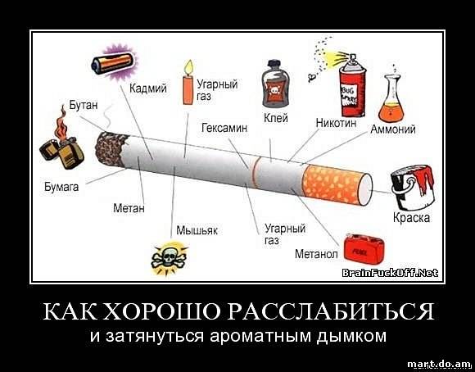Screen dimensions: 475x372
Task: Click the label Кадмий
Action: (148, 88)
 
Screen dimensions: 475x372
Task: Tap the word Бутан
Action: (84, 105)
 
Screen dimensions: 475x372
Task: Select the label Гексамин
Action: (224, 128)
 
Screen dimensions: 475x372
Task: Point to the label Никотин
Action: (337, 123)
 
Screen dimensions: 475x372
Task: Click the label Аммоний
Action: (393, 129)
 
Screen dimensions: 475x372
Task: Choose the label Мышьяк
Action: (197, 230)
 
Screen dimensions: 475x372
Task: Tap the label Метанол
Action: (316, 254)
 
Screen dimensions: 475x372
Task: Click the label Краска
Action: (411, 218)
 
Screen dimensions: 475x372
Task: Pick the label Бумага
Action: (61, 187)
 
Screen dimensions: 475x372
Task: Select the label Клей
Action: (276, 118)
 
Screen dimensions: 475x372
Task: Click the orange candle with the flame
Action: (188, 83)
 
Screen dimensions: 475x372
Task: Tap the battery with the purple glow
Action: (114, 62)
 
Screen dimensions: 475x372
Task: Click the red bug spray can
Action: (352, 86)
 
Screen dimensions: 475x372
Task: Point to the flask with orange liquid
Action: (391, 100)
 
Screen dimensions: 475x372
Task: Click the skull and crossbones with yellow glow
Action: (169, 258)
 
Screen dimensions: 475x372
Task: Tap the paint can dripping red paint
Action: (413, 187)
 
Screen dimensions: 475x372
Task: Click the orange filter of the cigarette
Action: (337, 184)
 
